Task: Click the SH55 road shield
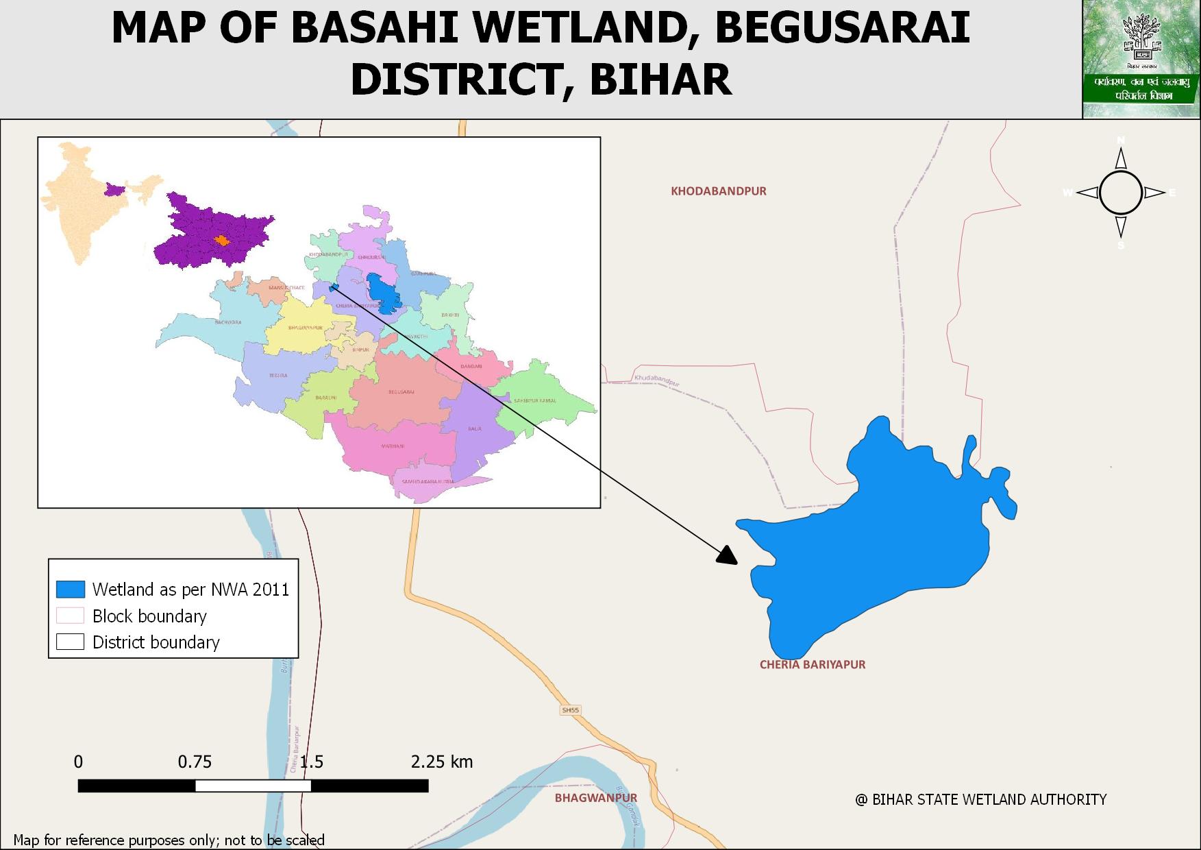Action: (x=570, y=710)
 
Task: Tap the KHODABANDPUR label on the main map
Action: (x=719, y=191)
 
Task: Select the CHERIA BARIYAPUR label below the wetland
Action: (x=813, y=664)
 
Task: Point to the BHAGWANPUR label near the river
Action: (x=596, y=798)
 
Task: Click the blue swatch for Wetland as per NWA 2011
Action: (x=70, y=590)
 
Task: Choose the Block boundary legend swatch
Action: (x=70, y=616)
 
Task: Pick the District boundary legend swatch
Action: (x=70, y=642)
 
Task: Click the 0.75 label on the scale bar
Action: (x=195, y=762)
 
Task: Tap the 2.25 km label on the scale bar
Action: (x=442, y=762)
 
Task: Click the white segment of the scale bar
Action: (x=253, y=786)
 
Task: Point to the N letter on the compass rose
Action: (x=1121, y=141)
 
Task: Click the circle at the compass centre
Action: (x=1121, y=193)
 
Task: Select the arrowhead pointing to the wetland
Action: (x=727, y=555)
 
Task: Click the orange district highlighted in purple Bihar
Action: (x=221, y=241)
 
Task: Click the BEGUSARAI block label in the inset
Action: (x=401, y=392)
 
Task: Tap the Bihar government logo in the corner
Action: (x=1141, y=59)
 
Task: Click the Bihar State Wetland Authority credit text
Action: (x=980, y=799)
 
